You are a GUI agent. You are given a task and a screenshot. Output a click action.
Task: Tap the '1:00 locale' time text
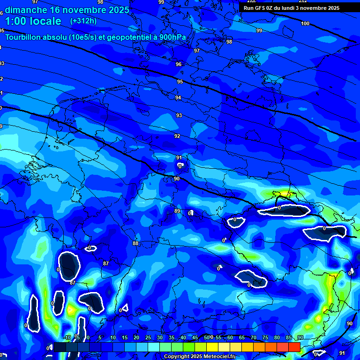pos(33,21)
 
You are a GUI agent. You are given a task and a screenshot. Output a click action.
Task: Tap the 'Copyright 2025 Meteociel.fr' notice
pos(199,357)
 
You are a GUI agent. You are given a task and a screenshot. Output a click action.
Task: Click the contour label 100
pos(305,23)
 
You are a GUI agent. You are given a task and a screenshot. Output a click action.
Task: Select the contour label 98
pos(229,42)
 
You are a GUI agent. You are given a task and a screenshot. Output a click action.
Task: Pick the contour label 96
pos(179,64)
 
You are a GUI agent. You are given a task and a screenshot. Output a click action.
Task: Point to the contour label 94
pos(178,97)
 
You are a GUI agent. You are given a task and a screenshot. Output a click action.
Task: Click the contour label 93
pos(179,115)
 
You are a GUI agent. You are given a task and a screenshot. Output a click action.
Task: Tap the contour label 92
pos(177,136)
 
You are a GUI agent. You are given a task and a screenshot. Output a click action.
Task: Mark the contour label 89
pos(177,211)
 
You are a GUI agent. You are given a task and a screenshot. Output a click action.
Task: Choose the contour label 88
pos(135,243)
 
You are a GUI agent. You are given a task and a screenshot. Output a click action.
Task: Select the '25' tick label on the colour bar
pos(148,338)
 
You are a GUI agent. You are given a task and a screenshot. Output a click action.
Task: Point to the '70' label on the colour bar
pos(254,338)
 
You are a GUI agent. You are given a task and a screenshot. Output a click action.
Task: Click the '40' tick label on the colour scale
pos(183,338)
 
